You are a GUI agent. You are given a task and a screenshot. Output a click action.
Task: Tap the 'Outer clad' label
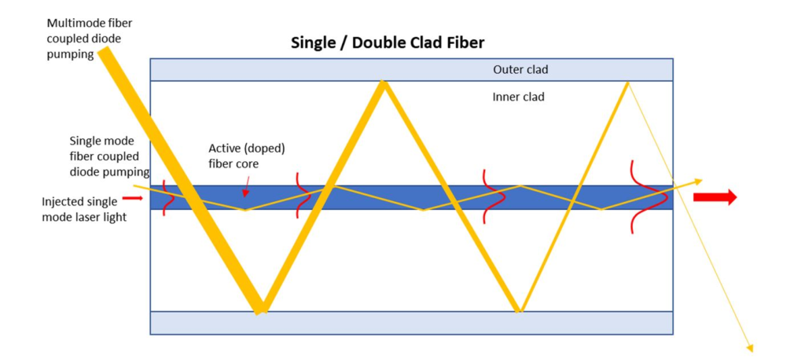pyautogui.click(x=520, y=69)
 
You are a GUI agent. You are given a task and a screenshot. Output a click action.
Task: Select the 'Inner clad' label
pyautogui.click(x=518, y=97)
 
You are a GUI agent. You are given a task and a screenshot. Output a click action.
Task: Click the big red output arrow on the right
pyautogui.click(x=715, y=197)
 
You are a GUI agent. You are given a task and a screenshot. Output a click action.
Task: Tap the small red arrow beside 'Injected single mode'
pyautogui.click(x=133, y=199)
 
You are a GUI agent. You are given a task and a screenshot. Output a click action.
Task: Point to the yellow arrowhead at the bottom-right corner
pyautogui.click(x=751, y=347)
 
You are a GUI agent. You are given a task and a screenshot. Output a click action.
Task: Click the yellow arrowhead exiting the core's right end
pyautogui.click(x=698, y=181)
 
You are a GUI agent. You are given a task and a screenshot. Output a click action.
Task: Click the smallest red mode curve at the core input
pyautogui.click(x=166, y=197)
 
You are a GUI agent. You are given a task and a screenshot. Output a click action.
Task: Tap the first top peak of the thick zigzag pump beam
pyautogui.click(x=384, y=84)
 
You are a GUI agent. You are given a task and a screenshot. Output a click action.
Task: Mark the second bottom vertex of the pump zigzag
pyautogui.click(x=519, y=310)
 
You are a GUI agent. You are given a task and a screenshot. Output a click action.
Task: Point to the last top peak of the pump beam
pyautogui.click(x=627, y=83)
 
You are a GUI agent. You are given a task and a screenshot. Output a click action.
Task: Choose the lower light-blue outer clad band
pyautogui.click(x=411, y=322)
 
